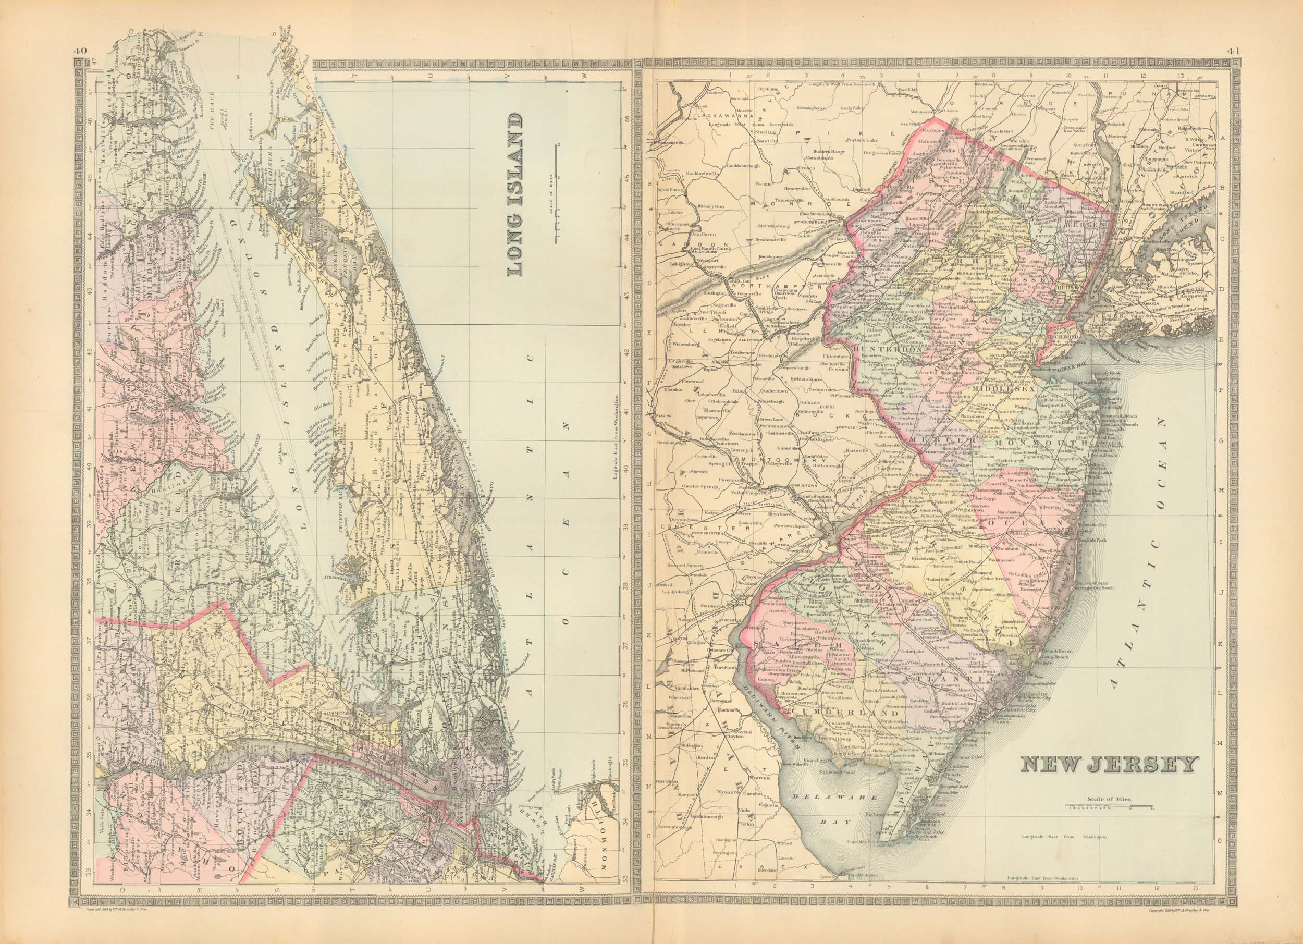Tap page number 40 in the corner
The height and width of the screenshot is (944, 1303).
coord(79,51)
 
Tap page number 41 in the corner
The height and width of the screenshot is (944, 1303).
coord(1231,51)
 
